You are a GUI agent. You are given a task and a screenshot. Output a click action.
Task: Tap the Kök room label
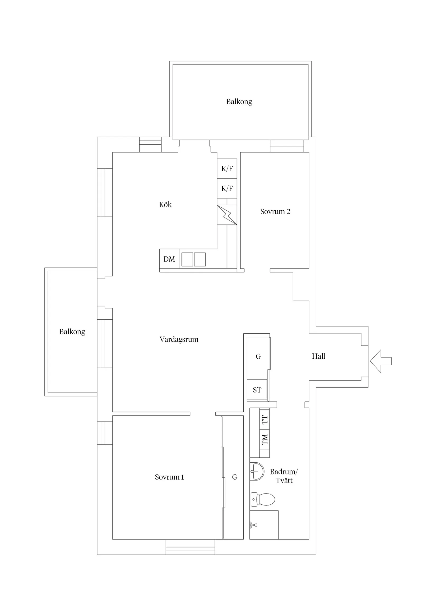pyautogui.click(x=165, y=205)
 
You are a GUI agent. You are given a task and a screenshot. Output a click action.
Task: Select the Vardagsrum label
pyautogui.click(x=179, y=339)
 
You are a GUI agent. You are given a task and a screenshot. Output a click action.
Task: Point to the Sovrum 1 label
pyautogui.click(x=169, y=477)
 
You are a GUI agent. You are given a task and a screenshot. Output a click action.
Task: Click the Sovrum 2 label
pyautogui.click(x=275, y=211)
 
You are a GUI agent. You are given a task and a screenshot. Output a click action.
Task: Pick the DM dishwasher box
pyautogui.click(x=169, y=259)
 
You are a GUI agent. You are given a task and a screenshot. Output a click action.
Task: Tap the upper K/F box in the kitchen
pyautogui.click(x=227, y=169)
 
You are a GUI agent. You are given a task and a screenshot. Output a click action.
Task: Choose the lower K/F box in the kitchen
pyautogui.click(x=227, y=189)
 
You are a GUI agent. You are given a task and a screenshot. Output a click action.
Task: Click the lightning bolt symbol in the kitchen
pyautogui.click(x=227, y=215)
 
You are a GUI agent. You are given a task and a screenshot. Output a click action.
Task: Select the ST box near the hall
pyautogui.click(x=257, y=390)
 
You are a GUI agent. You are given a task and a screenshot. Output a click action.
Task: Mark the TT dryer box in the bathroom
pyautogui.click(x=265, y=420)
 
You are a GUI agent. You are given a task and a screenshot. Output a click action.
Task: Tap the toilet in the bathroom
pyautogui.click(x=263, y=500)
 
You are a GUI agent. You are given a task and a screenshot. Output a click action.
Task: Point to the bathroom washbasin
pyautogui.click(x=257, y=471)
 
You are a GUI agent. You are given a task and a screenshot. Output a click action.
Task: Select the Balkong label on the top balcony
pyautogui.click(x=239, y=102)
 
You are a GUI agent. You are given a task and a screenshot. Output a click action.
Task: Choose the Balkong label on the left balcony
pyautogui.click(x=72, y=332)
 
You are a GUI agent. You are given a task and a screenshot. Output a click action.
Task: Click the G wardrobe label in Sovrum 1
pyautogui.click(x=235, y=477)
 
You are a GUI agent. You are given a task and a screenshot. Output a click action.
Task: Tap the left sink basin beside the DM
pyautogui.click(x=187, y=259)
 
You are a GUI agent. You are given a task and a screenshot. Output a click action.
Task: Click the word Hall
pyautogui.click(x=319, y=356)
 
